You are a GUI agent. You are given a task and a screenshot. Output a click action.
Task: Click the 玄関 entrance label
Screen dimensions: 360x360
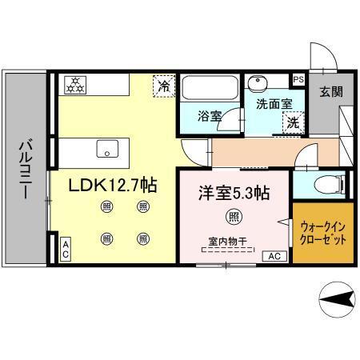[330, 91]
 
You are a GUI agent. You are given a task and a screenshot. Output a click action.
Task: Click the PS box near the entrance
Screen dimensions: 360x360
[298, 79]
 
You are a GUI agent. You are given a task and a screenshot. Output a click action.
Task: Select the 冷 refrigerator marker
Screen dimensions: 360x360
[163, 85]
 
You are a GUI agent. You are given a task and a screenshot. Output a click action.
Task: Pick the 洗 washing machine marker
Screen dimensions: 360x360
[292, 122]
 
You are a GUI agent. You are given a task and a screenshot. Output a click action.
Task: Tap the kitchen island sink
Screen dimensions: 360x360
[105, 148]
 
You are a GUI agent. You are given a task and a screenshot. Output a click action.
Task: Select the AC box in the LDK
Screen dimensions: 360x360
[66, 247]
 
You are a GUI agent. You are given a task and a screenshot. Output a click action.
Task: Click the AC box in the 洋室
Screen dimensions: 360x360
[273, 256]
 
